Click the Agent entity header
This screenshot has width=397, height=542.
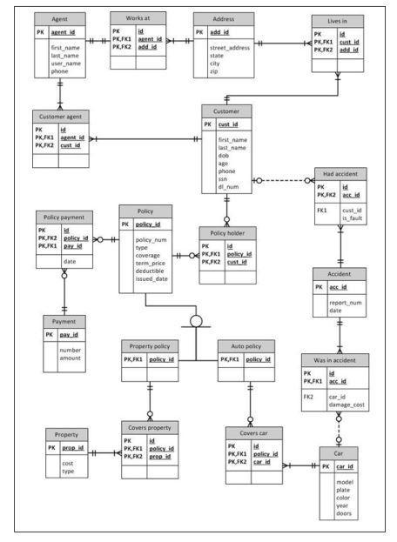coord(60,18)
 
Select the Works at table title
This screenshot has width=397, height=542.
coord(138,17)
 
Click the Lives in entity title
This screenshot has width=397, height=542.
coord(338,21)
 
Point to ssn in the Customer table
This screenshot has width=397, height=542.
coord(225,178)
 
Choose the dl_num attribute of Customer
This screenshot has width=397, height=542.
coord(230,186)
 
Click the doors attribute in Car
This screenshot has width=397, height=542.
coord(344,513)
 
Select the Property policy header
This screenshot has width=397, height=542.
coord(149,345)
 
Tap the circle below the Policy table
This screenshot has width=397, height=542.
coord(196,321)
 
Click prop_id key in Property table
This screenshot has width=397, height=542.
coord(75,447)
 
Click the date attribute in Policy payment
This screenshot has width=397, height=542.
coord(69,261)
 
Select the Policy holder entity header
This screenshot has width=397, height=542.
coord(227,232)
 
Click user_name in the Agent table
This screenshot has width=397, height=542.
coord(65,64)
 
